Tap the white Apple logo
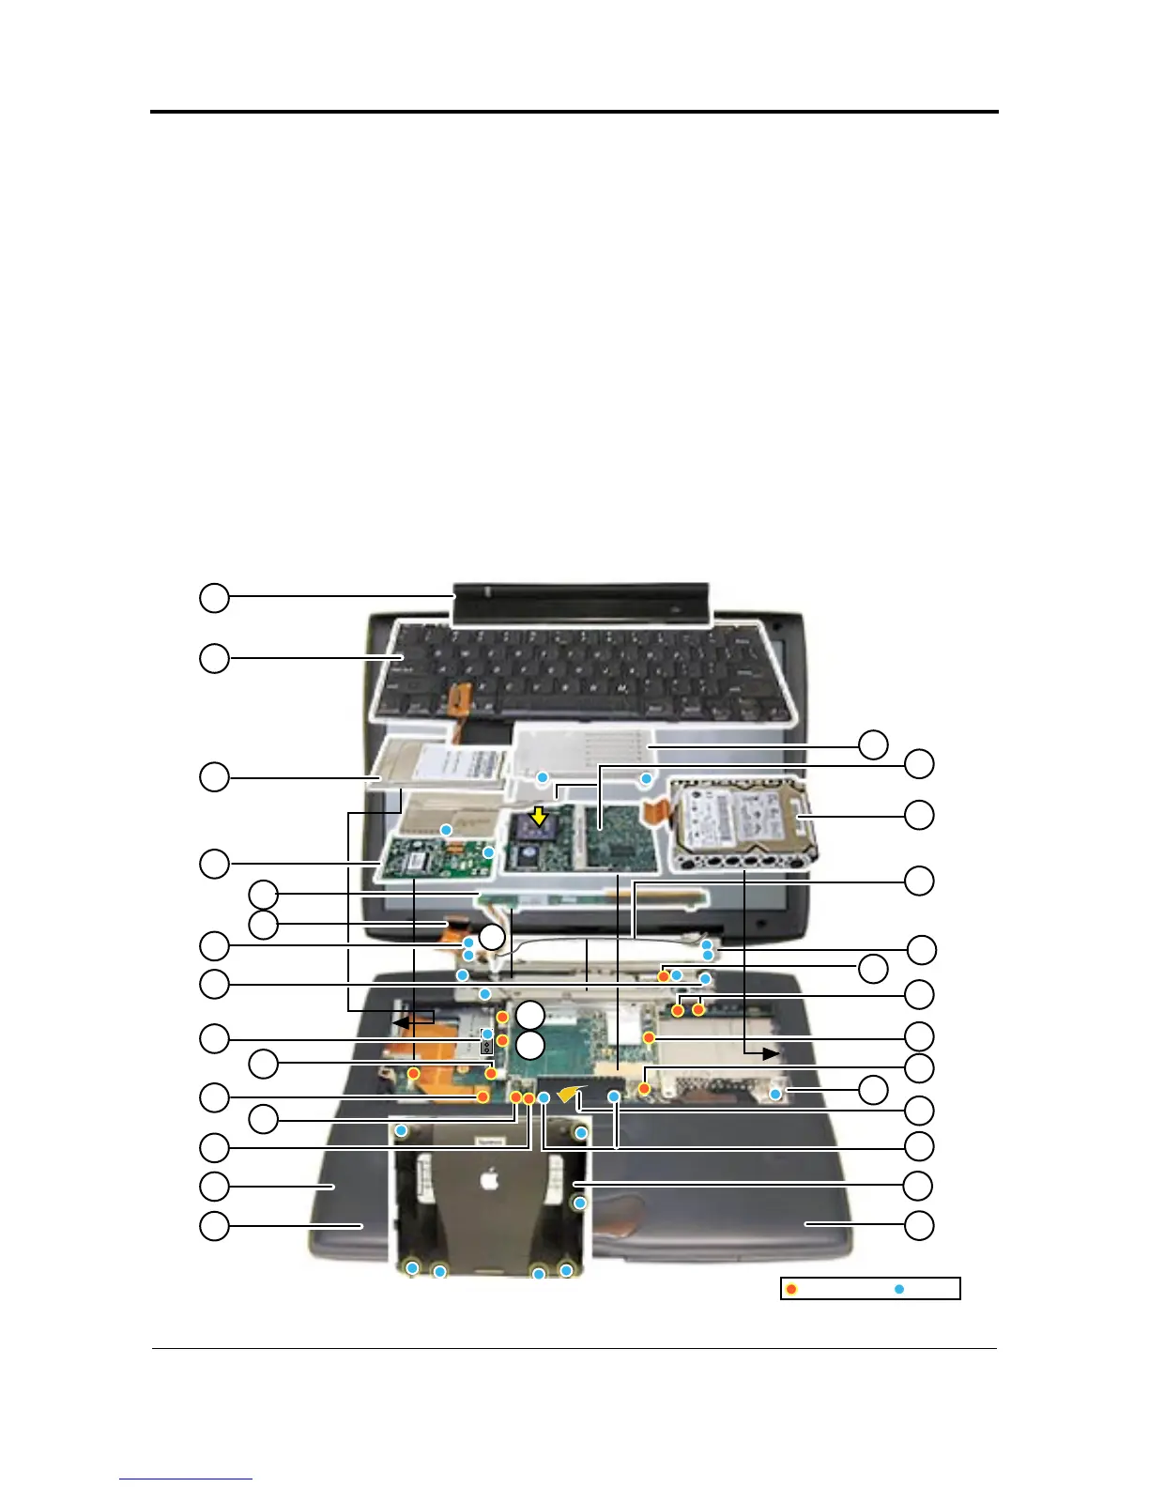click(489, 1179)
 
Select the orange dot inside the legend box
click(791, 1289)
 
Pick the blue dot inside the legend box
click(898, 1289)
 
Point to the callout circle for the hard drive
click(919, 814)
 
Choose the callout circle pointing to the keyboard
click(214, 658)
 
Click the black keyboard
click(573, 671)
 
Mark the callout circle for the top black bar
click(214, 597)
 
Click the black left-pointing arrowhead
click(400, 1020)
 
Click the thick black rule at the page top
click(574, 112)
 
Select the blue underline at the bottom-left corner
click(186, 1479)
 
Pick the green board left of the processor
click(435, 860)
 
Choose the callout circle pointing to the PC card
click(214, 777)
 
